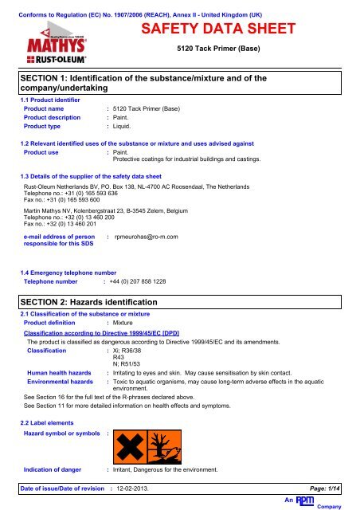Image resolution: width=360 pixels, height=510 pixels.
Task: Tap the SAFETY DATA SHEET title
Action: coord(218,30)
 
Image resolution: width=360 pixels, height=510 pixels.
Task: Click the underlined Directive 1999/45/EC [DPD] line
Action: coord(104,334)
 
